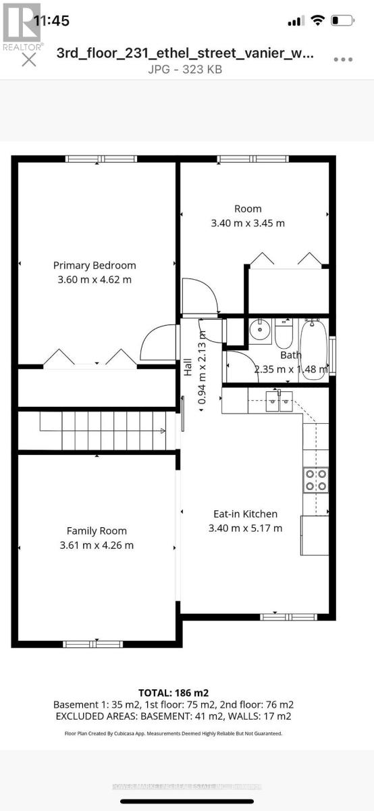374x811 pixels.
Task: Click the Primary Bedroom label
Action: pyautogui.click(x=95, y=265)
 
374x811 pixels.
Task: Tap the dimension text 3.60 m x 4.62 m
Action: pyautogui.click(x=95, y=279)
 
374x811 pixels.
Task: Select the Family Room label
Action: pyautogui.click(x=97, y=531)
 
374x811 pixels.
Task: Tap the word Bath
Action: pyautogui.click(x=291, y=355)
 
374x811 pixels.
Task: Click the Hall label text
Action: pyautogui.click(x=188, y=367)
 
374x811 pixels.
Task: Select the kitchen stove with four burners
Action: pyautogui.click(x=315, y=479)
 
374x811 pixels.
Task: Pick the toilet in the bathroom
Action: pyautogui.click(x=282, y=332)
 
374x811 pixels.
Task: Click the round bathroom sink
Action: pyautogui.click(x=259, y=332)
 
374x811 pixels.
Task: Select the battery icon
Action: pyautogui.click(x=343, y=21)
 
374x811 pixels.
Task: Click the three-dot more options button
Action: pyautogui.click(x=344, y=59)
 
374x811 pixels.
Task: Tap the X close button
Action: pyautogui.click(x=29, y=59)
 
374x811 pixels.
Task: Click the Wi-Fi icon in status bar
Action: pyautogui.click(x=317, y=21)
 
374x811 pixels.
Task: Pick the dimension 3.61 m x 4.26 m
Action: pyautogui.click(x=97, y=545)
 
